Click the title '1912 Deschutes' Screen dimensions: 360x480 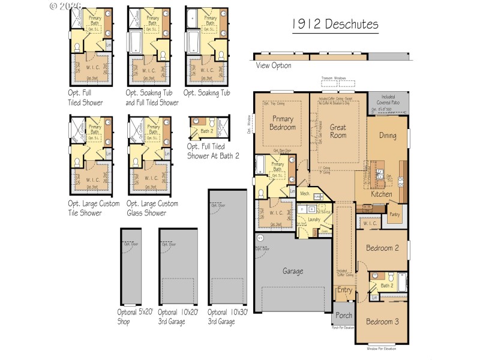335,25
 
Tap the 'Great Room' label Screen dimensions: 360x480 338,131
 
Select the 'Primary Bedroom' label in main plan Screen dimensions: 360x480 281,123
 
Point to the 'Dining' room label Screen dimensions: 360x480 388,136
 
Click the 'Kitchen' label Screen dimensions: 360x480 382,194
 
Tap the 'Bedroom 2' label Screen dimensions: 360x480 383,248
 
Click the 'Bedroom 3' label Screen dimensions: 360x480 382,320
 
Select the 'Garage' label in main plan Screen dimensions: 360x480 293,271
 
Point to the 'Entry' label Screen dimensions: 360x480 345,290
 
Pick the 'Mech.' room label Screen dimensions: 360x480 305,194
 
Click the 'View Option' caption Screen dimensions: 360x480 274,65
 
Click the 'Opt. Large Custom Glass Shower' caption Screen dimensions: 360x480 152,208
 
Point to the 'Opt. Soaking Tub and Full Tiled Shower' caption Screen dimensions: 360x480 152,98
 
